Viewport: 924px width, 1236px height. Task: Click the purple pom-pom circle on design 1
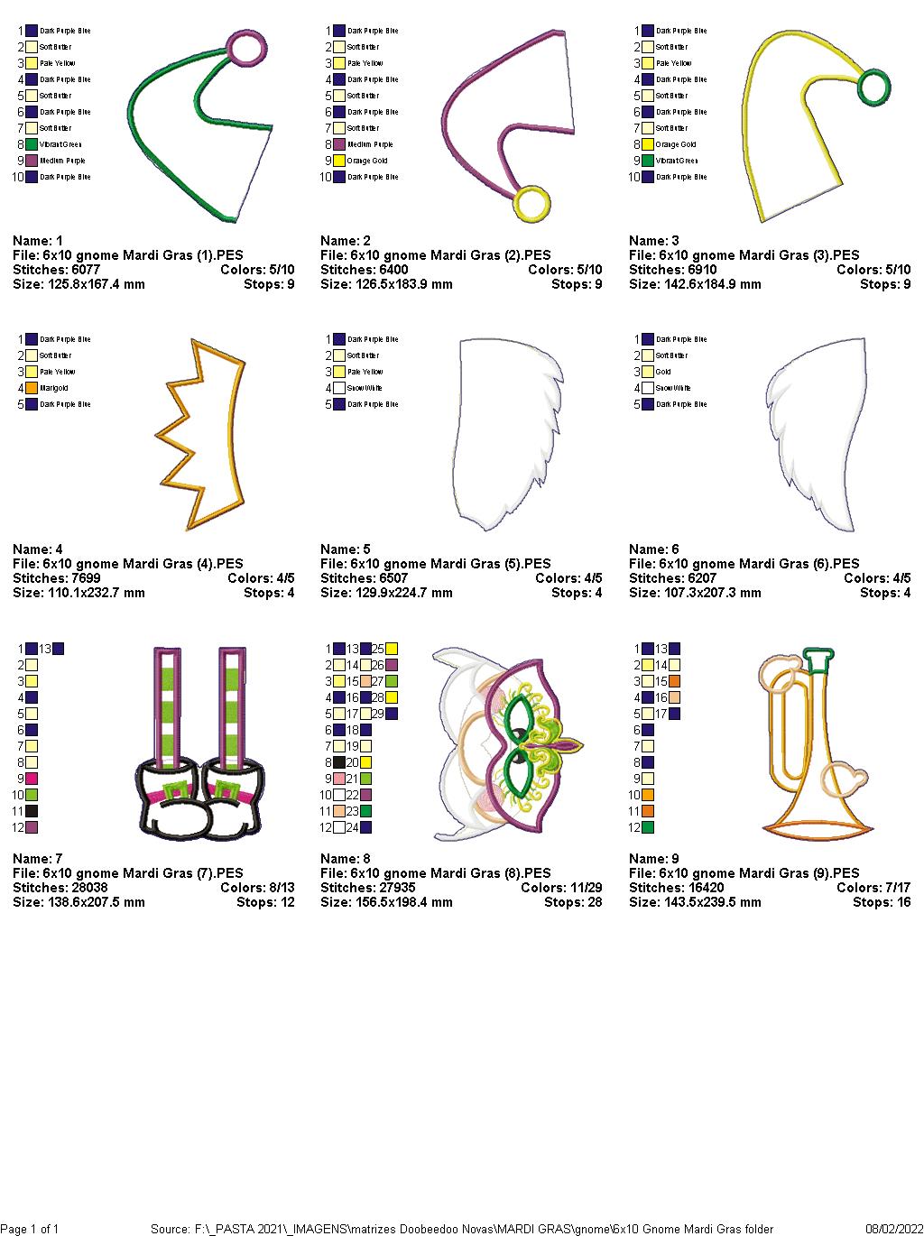point(248,47)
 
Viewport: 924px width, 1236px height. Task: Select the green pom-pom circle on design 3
point(873,88)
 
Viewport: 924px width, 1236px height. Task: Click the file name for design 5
point(435,564)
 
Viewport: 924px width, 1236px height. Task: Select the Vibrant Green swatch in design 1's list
point(32,144)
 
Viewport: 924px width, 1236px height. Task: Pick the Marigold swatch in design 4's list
point(32,388)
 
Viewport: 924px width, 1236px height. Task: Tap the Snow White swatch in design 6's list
point(647,388)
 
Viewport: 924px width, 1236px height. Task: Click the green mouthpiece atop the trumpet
point(818,660)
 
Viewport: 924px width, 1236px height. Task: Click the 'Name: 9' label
point(654,859)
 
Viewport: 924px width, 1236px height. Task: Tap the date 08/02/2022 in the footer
point(892,1229)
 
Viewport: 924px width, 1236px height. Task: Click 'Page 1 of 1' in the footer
point(30,1229)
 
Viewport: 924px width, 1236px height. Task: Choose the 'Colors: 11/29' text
point(560,888)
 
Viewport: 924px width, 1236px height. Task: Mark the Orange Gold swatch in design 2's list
point(339,161)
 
